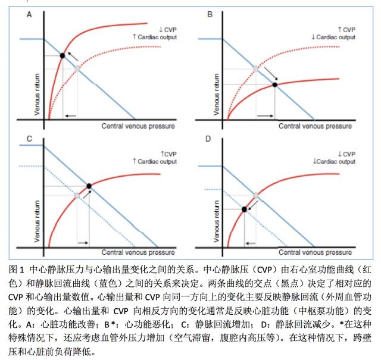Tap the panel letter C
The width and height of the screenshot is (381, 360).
[29, 140]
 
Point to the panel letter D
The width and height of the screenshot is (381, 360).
[210, 140]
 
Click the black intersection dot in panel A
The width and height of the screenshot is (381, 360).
[62, 56]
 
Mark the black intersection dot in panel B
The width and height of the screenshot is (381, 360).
[274, 85]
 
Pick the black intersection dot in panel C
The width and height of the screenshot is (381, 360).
[89, 186]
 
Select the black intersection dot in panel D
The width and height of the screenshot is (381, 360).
[244, 209]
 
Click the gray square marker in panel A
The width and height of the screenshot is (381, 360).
[76, 69]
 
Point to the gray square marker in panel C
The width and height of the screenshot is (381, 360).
[77, 195]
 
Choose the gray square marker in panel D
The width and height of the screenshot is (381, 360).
[256, 195]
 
